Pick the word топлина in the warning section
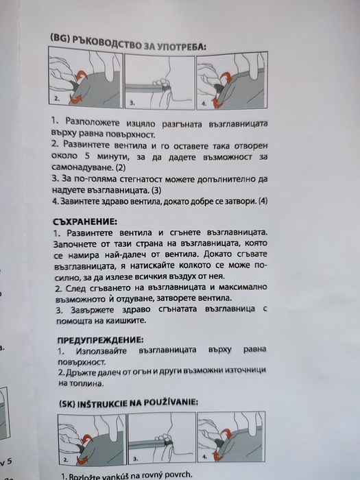[73, 385]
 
